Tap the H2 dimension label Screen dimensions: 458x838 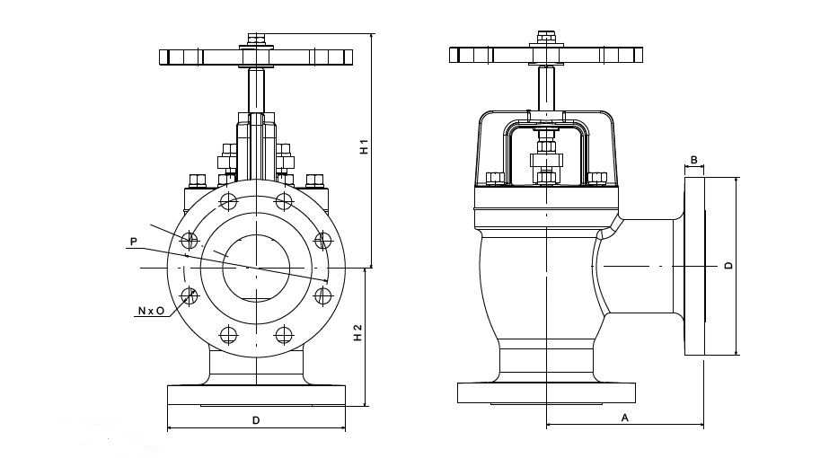coord(357,332)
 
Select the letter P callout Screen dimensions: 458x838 coord(133,241)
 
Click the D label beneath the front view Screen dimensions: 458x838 coord(256,419)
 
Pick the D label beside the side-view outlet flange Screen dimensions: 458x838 coord(729,266)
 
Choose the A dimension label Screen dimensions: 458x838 coord(624,418)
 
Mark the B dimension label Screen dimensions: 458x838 coord(693,160)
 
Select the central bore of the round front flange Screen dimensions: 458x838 coord(256,267)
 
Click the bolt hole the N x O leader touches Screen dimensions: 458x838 coord(190,294)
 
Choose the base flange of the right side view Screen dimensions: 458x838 coord(546,392)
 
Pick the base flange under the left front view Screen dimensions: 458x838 coord(256,395)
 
